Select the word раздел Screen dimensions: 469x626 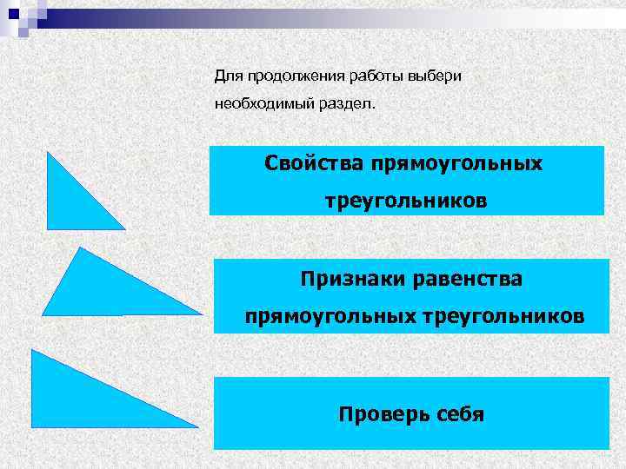click(x=351, y=104)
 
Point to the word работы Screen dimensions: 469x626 click(x=374, y=76)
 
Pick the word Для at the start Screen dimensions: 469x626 click(x=226, y=76)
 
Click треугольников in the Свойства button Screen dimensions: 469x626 click(x=406, y=201)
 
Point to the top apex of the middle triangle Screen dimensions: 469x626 click(x=79, y=248)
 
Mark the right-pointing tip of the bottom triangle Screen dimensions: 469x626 click(x=196, y=426)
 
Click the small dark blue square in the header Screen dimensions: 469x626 click(x=12, y=13)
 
